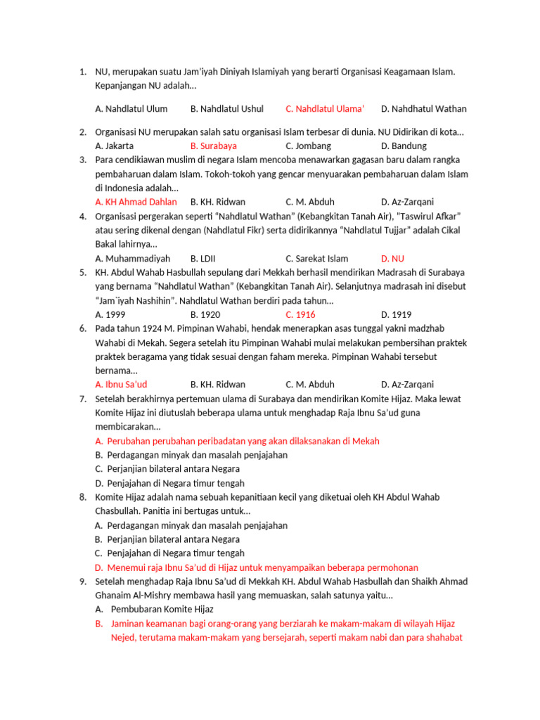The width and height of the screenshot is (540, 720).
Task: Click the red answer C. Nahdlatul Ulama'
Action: (325, 109)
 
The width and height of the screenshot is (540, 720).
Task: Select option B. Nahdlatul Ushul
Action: (226, 109)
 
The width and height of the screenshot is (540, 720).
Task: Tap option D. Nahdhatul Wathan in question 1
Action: (423, 109)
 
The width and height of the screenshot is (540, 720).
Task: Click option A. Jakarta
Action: (114, 146)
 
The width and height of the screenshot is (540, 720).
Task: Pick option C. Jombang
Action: (308, 146)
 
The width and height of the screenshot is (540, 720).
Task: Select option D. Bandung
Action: (404, 146)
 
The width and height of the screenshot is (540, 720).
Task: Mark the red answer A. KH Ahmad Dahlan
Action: (136, 202)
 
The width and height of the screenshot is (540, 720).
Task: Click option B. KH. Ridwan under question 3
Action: (217, 202)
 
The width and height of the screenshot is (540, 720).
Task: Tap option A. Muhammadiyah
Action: (132, 259)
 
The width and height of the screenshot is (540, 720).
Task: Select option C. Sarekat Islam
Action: (316, 259)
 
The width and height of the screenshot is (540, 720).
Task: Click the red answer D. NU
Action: (392, 259)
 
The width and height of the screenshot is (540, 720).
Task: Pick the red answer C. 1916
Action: (300, 315)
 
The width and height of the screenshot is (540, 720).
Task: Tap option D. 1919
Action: (396, 315)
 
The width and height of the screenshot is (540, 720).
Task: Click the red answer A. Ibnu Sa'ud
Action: (120, 385)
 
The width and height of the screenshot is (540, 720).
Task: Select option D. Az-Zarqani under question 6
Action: (407, 385)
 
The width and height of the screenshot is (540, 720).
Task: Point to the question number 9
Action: (82, 581)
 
